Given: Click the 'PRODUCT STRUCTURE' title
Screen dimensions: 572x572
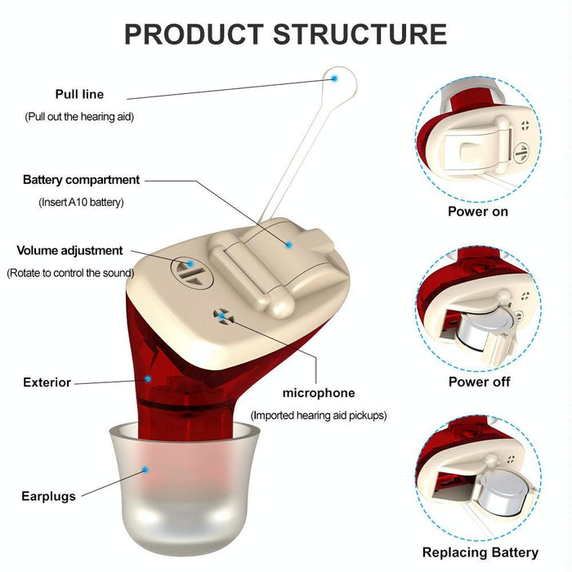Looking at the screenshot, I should [285, 34].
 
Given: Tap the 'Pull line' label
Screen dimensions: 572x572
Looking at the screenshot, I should [79, 94].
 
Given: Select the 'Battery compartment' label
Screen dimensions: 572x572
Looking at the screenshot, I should [82, 180].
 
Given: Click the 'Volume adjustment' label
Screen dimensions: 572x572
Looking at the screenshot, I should [69, 251].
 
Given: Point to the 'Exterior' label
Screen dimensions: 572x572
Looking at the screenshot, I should [47, 382].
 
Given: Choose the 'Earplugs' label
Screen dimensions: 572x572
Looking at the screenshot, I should [48, 496].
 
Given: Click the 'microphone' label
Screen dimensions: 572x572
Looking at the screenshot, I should [319, 393].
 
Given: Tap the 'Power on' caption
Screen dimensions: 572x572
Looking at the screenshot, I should [477, 212].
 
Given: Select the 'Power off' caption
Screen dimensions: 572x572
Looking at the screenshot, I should [479, 382].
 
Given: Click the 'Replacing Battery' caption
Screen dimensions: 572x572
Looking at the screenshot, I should [480, 552].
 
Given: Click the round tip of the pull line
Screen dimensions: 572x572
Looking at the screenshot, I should [336, 78].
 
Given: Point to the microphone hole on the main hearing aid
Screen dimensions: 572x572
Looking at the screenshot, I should [221, 315].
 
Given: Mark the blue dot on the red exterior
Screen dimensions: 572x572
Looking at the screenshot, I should [148, 378].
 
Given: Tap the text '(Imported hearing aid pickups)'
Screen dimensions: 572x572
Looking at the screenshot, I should [318, 415].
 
